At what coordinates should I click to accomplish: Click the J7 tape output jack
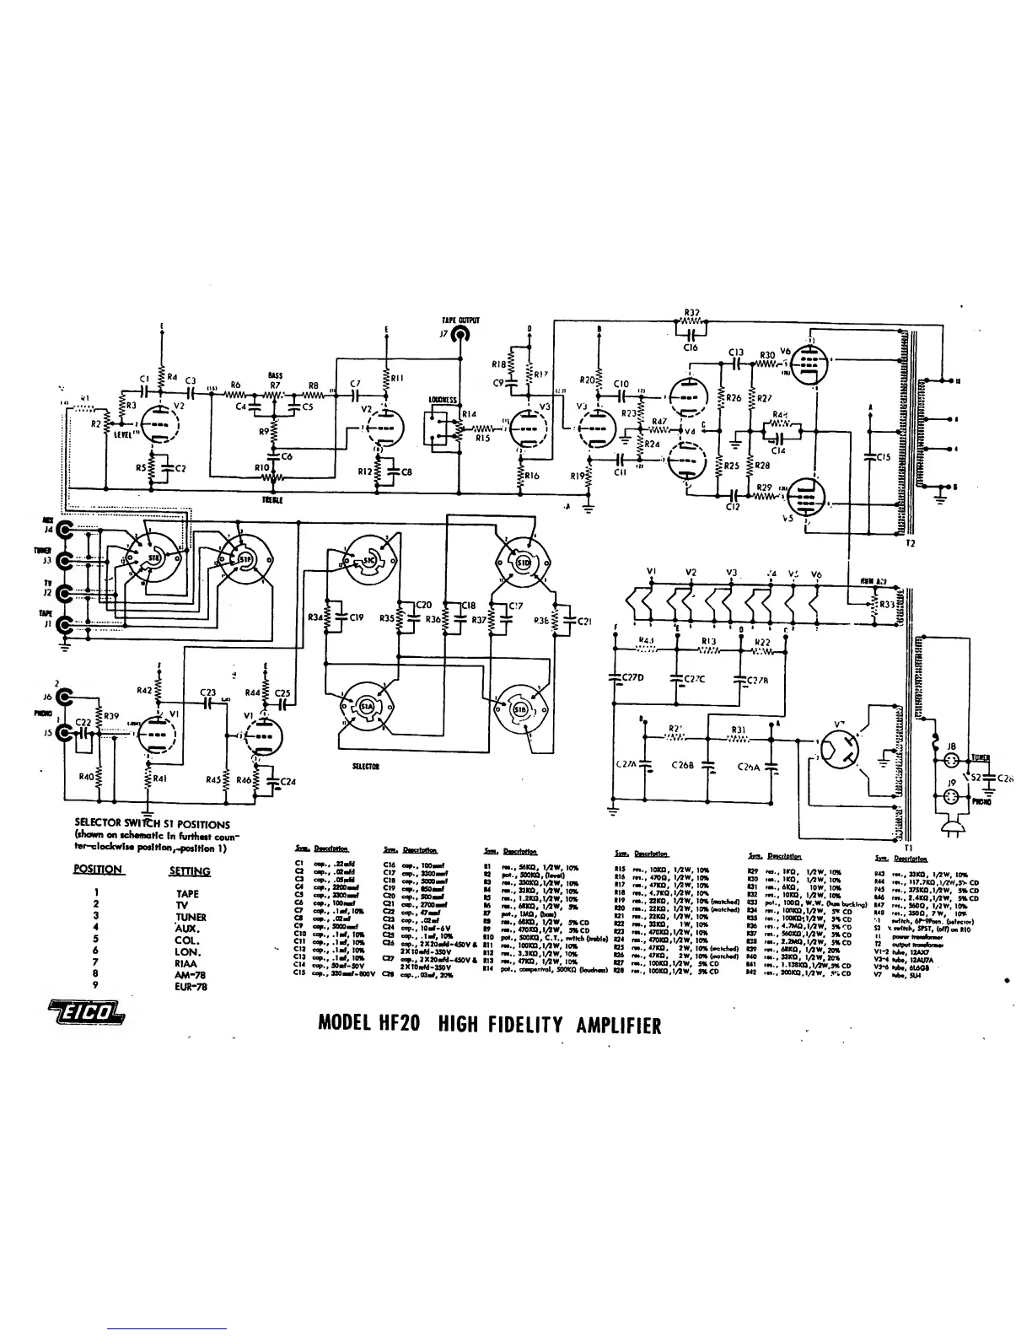460,335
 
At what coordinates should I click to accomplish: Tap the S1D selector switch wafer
521,558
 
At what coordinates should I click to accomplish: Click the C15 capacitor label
883,457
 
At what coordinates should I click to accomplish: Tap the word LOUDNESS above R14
442,399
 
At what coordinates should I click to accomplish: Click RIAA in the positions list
187,962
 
